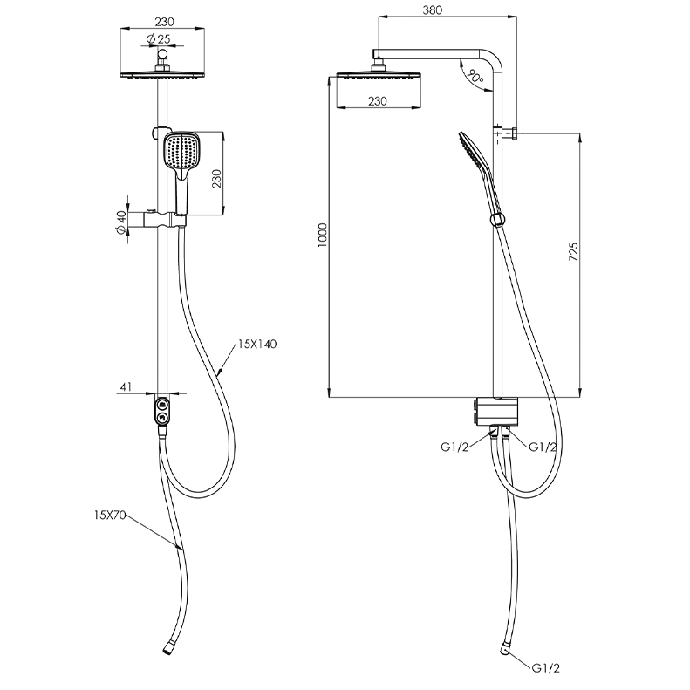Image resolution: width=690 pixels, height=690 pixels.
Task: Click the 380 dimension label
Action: pos(432,10)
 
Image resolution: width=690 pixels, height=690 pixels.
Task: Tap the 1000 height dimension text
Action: pos(323,235)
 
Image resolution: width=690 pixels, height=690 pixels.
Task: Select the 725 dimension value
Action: pos(573,252)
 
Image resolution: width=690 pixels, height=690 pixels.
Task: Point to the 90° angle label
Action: pos(475,76)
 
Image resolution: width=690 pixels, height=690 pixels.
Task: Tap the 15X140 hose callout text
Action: pos(257,344)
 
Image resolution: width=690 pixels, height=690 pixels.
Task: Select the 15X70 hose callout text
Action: pos(110,515)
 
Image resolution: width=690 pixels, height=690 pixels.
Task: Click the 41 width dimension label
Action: pos(126,386)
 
